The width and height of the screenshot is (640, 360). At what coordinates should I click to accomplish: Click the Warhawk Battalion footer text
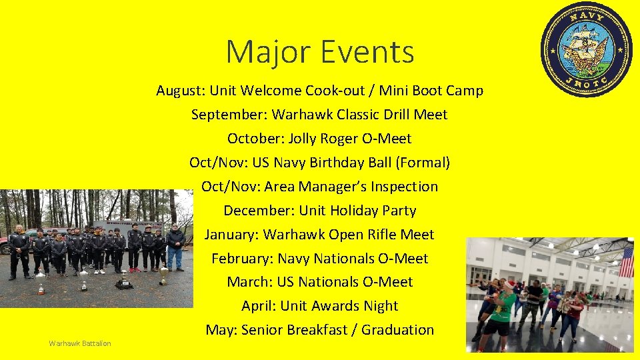click(x=80, y=343)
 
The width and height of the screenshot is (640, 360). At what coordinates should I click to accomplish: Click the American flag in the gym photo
click(x=626, y=262)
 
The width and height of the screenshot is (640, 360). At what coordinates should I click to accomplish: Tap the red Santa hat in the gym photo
click(x=510, y=285)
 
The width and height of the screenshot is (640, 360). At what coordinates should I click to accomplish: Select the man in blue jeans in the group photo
click(x=175, y=247)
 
